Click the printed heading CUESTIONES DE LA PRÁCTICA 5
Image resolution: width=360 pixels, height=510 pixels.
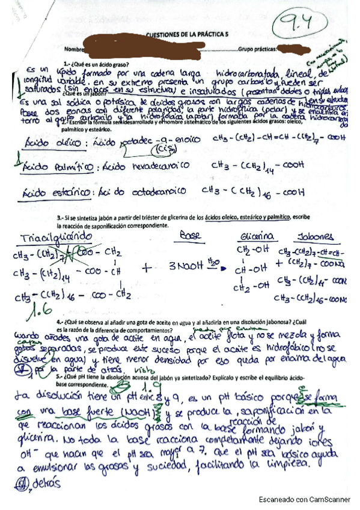tap(188, 36)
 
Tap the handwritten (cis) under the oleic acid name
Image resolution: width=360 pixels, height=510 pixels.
tap(161, 150)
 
